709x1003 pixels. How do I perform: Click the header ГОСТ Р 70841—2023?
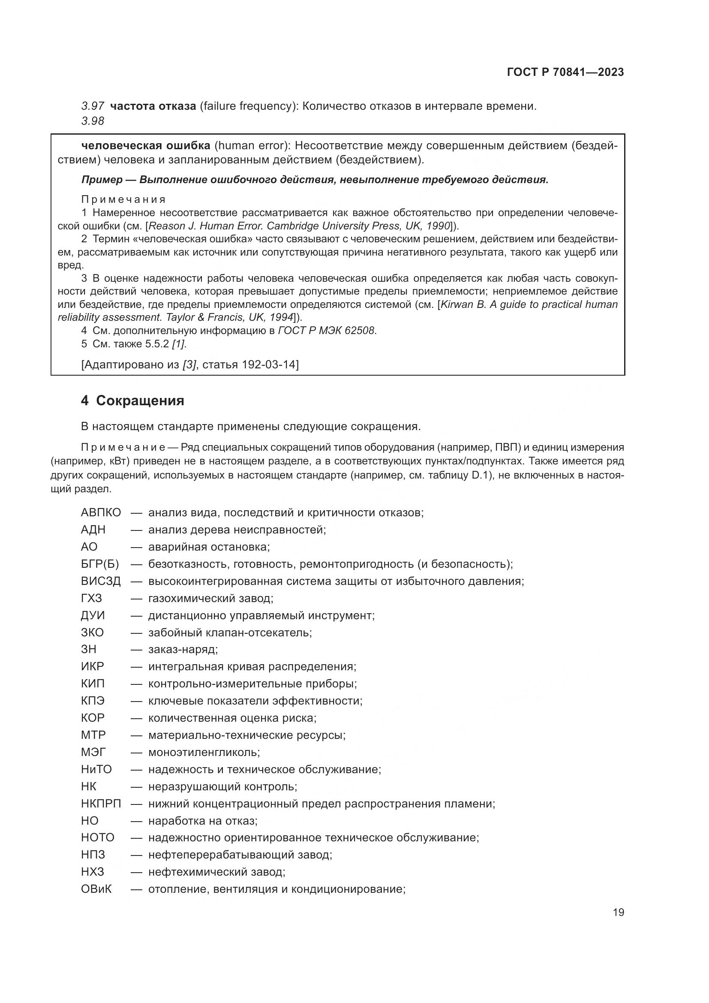click(x=565, y=72)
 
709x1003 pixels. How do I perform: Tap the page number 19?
click(x=618, y=912)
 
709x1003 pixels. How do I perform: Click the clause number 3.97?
click(x=93, y=106)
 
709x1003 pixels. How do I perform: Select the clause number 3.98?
click(x=93, y=121)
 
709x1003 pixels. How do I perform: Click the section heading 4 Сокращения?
click(x=132, y=401)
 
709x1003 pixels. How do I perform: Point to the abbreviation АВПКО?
click(x=101, y=512)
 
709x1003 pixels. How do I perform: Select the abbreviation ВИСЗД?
click(x=100, y=581)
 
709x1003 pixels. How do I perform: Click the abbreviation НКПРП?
click(x=101, y=804)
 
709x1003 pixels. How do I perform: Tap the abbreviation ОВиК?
click(x=96, y=889)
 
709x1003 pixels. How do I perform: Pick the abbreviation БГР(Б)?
click(x=99, y=564)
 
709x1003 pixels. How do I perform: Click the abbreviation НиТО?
click(x=96, y=769)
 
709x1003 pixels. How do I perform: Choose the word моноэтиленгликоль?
click(x=204, y=752)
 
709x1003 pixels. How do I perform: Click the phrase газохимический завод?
click(x=210, y=598)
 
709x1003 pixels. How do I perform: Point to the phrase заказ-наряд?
click(x=183, y=650)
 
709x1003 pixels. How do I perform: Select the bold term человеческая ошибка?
click(x=146, y=145)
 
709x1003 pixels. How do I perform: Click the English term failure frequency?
click(x=246, y=106)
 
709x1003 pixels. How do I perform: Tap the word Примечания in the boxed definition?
click(x=123, y=200)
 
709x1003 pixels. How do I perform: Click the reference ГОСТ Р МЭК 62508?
click(x=327, y=331)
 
